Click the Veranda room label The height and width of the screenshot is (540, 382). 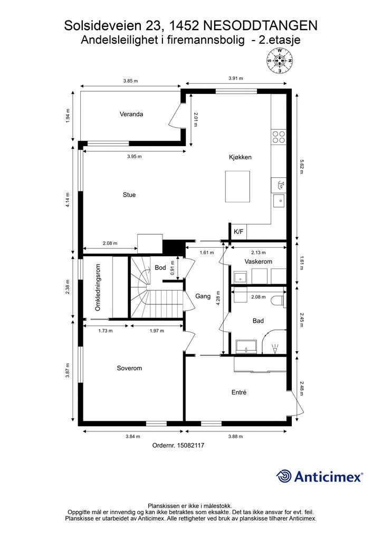click(x=131, y=114)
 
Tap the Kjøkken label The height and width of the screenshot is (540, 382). click(x=240, y=157)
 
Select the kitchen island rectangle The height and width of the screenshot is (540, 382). click(x=237, y=186)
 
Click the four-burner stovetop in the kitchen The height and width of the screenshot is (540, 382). click(x=278, y=137)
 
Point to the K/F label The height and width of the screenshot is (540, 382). click(x=238, y=232)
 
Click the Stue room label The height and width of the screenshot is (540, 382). click(x=129, y=195)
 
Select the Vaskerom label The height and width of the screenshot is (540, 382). click(x=259, y=262)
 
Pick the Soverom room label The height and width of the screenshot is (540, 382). click(x=129, y=368)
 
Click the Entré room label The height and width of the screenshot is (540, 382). click(x=238, y=392)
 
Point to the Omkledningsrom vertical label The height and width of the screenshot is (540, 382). click(x=98, y=287)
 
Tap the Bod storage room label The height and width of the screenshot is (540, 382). click(x=160, y=267)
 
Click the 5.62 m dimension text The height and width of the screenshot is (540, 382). click(x=302, y=167)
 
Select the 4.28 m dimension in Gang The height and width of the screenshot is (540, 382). click(x=218, y=298)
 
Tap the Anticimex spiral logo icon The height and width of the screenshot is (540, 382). click(x=284, y=477)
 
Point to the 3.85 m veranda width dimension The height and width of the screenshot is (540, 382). click(x=130, y=81)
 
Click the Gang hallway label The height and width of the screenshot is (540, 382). click(x=203, y=296)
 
